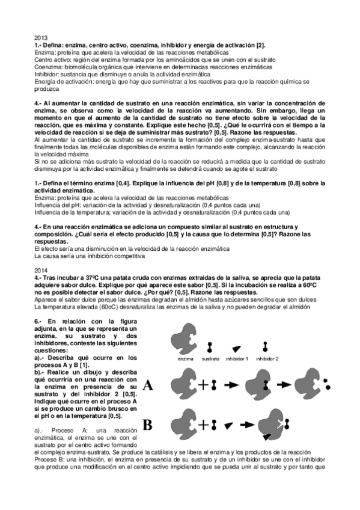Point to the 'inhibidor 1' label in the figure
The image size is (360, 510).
[x=236, y=358]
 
